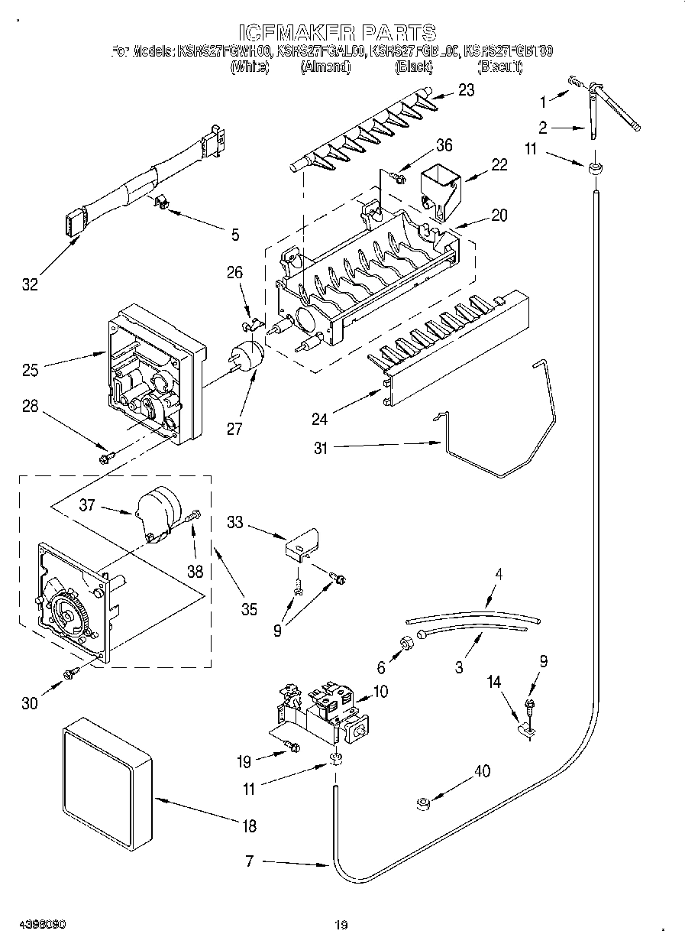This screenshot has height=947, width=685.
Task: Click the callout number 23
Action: tap(465, 90)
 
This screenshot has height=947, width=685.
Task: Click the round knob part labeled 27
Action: tap(246, 358)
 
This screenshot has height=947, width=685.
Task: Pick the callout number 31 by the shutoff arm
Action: tap(320, 449)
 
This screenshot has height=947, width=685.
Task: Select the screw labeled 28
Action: tap(105, 457)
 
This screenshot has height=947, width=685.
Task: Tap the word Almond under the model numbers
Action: tap(325, 67)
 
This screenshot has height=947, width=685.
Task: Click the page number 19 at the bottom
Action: tap(341, 926)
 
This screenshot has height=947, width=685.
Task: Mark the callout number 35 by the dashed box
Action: tap(250, 609)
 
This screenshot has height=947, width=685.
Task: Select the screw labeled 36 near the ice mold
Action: tap(396, 177)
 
